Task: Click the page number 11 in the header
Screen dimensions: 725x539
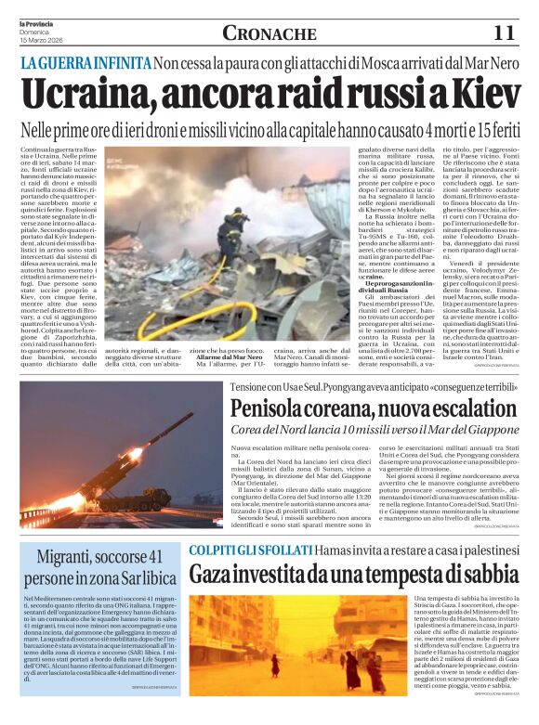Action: [x=504, y=32]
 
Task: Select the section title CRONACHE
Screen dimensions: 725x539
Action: [x=269, y=33]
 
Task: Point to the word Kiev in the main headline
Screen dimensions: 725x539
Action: [x=474, y=96]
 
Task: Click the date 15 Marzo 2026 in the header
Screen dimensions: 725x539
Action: [x=40, y=40]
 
